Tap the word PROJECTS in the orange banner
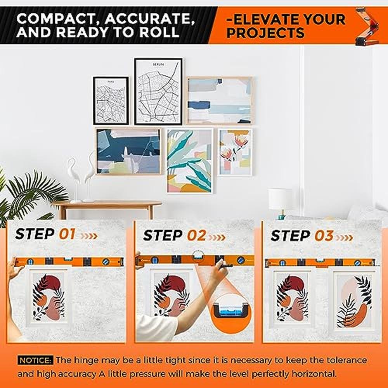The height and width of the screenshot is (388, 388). (265, 33)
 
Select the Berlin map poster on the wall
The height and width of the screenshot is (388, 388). (159, 92)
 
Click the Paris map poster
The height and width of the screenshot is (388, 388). (111, 100)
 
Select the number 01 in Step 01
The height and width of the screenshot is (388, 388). (67, 234)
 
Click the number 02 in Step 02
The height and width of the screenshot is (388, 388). (196, 235)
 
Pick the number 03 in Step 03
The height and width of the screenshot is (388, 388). (324, 236)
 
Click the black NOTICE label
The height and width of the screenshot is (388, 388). (35, 360)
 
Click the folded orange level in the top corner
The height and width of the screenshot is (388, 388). (367, 26)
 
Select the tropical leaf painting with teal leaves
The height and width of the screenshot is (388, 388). (190, 161)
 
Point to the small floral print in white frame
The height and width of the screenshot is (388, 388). (235, 152)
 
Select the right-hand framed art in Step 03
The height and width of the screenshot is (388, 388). (354, 299)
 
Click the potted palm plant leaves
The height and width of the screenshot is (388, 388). (27, 196)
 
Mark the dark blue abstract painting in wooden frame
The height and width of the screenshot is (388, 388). (128, 151)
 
